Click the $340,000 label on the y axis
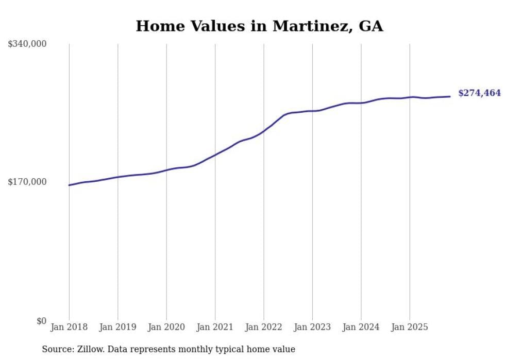(x=27, y=44)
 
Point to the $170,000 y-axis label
(x=27, y=182)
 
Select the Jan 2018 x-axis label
(x=69, y=327)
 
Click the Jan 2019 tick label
(x=117, y=327)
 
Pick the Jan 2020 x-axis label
(x=166, y=327)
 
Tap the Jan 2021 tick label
(x=215, y=327)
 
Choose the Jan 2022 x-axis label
(x=264, y=327)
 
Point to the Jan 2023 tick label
(x=312, y=327)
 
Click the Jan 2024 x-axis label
(x=361, y=327)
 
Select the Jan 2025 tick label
(x=410, y=327)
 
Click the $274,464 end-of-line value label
(x=479, y=93)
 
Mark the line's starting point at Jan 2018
(x=69, y=185)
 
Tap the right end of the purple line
(x=450, y=96)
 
